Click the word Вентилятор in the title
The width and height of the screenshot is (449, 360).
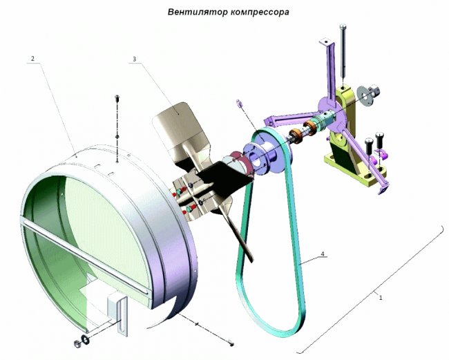pyautogui.click(x=198, y=12)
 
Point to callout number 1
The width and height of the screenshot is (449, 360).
pyautogui.click(x=381, y=298)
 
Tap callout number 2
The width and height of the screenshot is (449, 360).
pyautogui.click(x=32, y=59)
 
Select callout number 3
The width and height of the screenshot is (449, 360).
pyautogui.click(x=134, y=59)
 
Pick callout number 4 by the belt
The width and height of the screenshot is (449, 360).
pyautogui.click(x=323, y=254)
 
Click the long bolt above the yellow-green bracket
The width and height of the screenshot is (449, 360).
pyautogui.click(x=343, y=50)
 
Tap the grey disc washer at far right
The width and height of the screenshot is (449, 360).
pyautogui.click(x=364, y=95)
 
